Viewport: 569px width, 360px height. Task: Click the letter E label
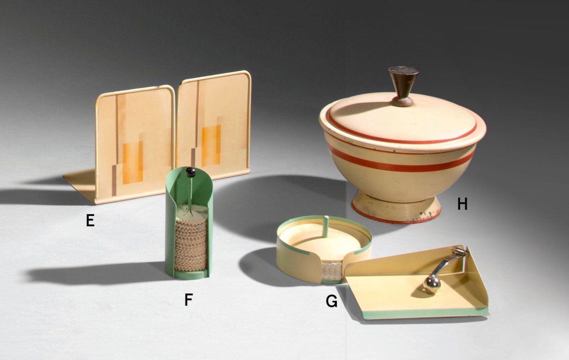90,220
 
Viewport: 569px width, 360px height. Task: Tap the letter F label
188,300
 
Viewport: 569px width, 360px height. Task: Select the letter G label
332,301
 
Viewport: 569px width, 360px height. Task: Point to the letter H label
462,204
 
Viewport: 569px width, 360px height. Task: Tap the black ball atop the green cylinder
190,172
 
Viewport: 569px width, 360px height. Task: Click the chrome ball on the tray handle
432,284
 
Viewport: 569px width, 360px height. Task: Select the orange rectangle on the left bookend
132,163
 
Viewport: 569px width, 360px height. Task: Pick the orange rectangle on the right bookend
211,146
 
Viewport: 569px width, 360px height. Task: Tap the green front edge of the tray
425,313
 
